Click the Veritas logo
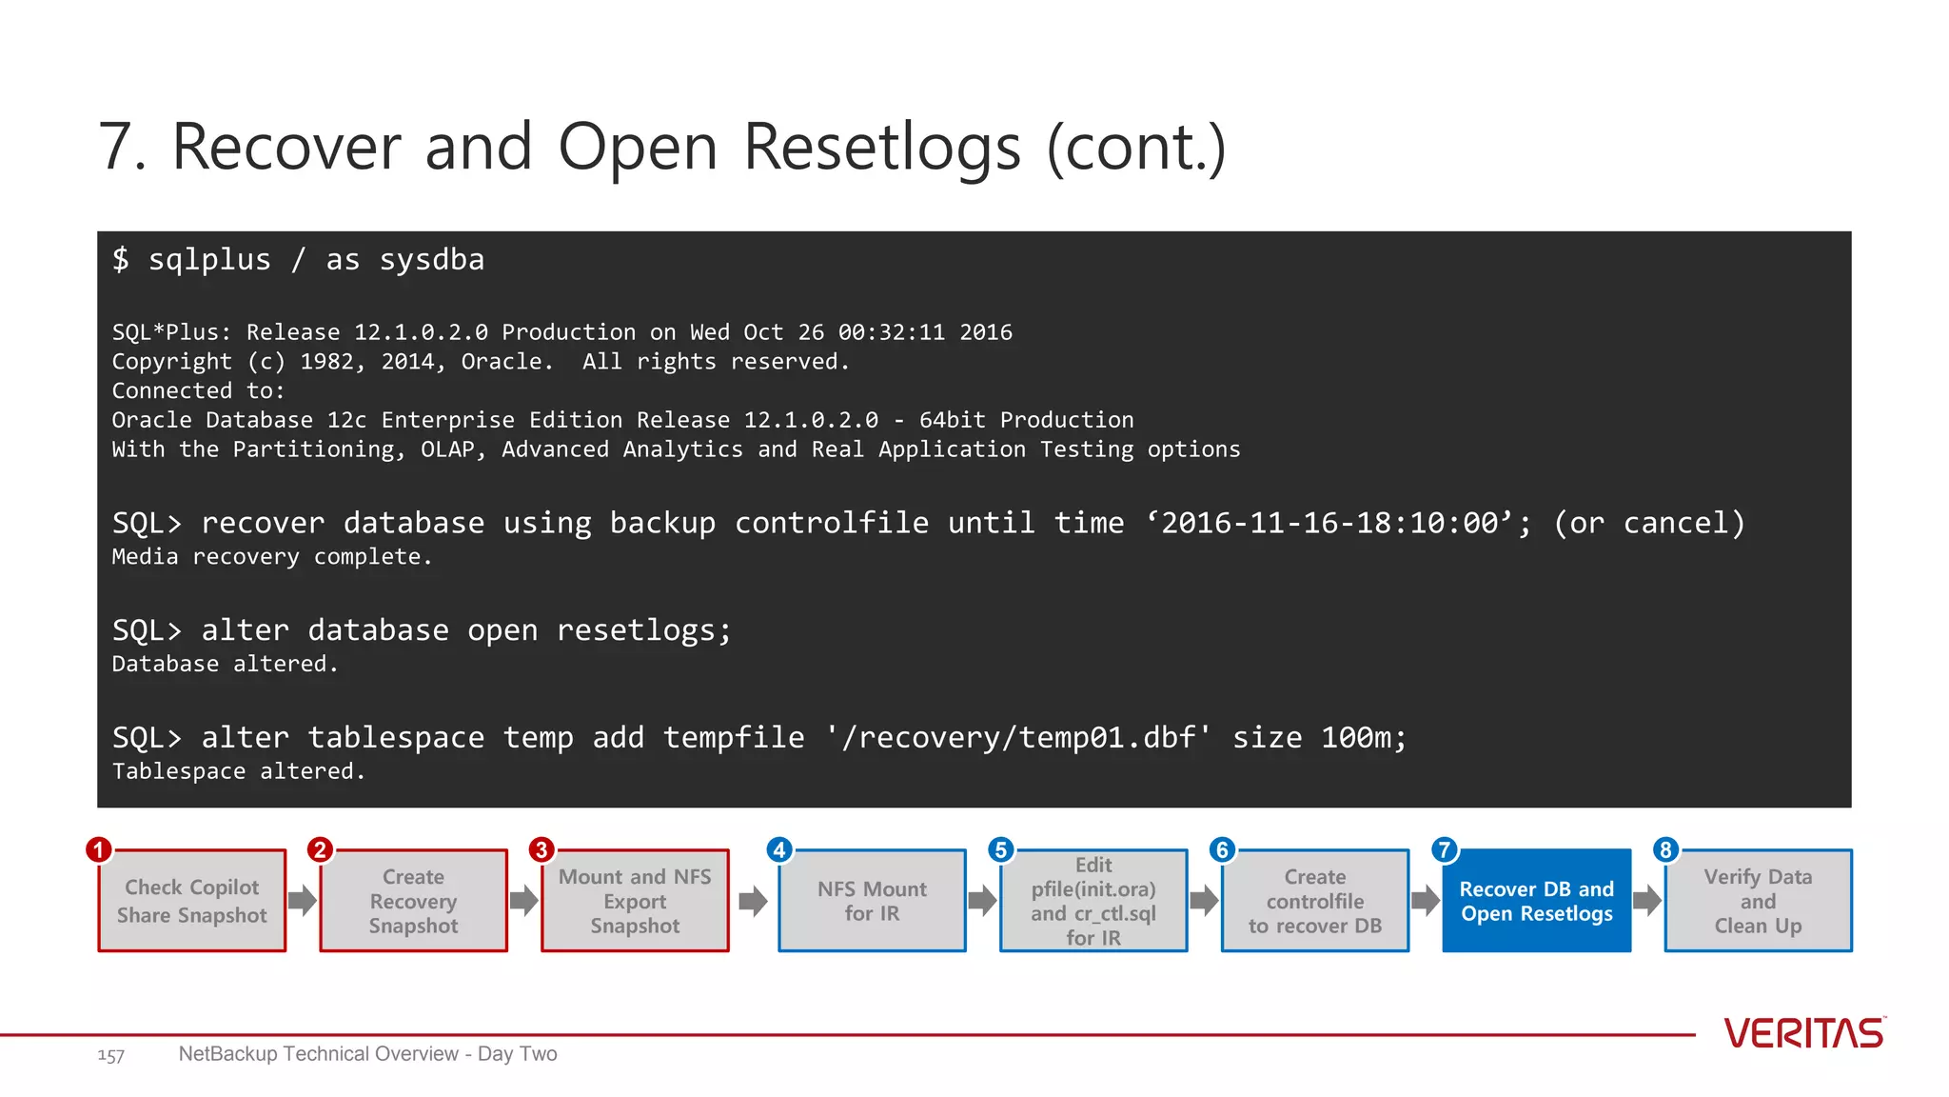click(1803, 1033)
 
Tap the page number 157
click(110, 1055)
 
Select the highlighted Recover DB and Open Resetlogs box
click(1536, 901)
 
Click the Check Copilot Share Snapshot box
click(191, 901)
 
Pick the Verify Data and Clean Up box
click(1758, 901)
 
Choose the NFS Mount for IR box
click(872, 901)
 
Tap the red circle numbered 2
click(320, 849)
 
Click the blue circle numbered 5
click(1000, 849)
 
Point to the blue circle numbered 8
click(1664, 849)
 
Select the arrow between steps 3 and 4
click(753, 900)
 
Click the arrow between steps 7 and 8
click(1647, 900)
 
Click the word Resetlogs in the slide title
click(881, 148)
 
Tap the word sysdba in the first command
click(432, 260)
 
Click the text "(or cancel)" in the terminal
click(1649, 523)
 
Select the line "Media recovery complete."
click(272, 557)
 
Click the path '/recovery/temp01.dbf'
click(1018, 738)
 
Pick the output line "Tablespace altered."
click(239, 771)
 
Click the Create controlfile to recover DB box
click(1314, 901)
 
